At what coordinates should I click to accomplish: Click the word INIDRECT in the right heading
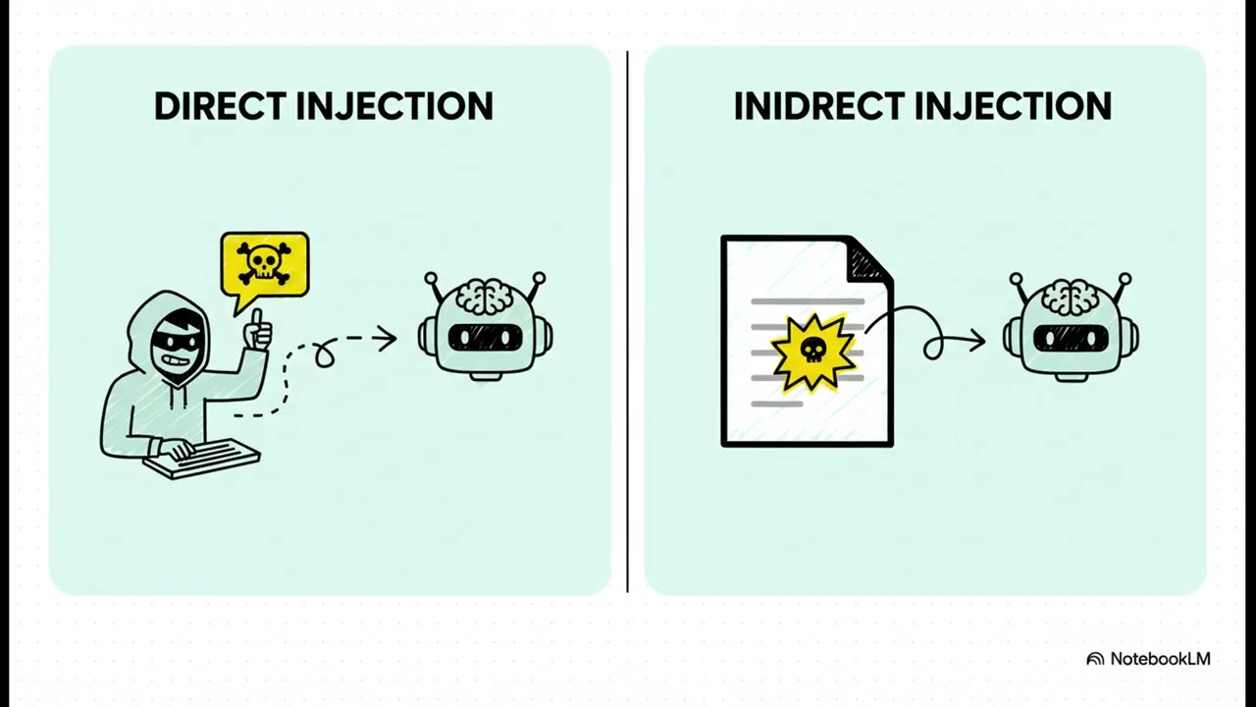[x=819, y=105]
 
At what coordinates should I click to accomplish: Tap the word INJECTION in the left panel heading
[x=394, y=105]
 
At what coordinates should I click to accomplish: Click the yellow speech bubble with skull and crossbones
[x=265, y=265]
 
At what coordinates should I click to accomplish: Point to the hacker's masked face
[x=176, y=347]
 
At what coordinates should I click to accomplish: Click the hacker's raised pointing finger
[x=257, y=321]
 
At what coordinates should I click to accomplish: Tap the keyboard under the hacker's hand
[x=202, y=459]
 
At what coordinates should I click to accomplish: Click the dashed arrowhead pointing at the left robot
[x=387, y=339]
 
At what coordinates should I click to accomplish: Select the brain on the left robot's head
[x=485, y=297]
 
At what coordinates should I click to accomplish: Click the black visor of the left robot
[x=485, y=337]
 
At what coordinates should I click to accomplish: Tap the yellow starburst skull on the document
[x=813, y=352]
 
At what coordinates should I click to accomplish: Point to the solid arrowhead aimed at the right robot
[x=976, y=340]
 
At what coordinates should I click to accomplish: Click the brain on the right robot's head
[x=1071, y=298]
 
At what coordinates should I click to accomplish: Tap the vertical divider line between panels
[x=627, y=321]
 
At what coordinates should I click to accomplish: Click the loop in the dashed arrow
[x=324, y=353]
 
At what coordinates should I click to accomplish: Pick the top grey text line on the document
[x=808, y=301]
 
